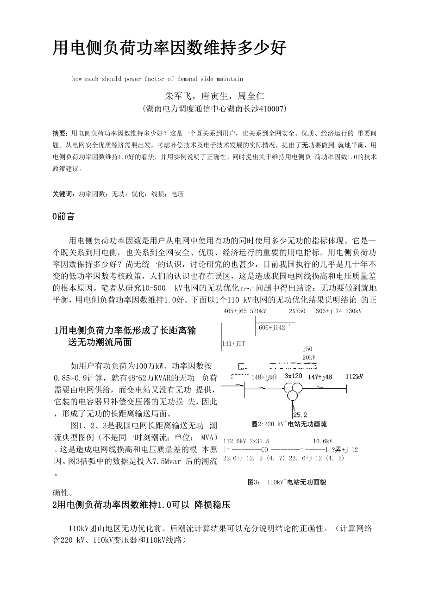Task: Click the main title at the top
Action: click(170, 48)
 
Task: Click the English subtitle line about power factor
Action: click(157, 79)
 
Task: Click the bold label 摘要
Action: click(60, 133)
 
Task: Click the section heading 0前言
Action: click(64, 217)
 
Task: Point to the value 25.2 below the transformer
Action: click(300, 415)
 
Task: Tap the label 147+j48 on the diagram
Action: click(320, 377)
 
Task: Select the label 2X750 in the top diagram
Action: click(297, 311)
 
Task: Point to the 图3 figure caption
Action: click(287, 482)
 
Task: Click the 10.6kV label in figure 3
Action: click(322, 441)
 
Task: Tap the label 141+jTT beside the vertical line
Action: click(233, 343)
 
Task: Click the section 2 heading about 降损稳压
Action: click(142, 505)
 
